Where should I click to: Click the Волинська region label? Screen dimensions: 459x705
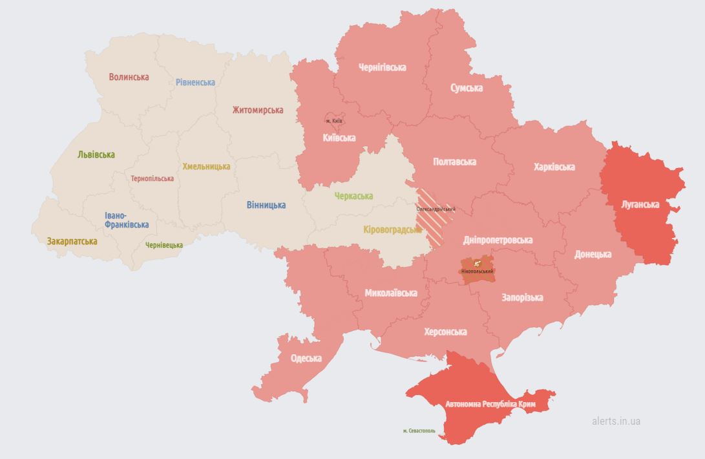(x=129, y=77)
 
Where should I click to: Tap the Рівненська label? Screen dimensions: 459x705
(x=195, y=82)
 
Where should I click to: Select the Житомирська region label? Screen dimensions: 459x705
(x=257, y=110)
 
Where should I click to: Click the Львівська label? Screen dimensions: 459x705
(x=96, y=155)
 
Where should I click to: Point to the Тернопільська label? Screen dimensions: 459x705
(x=152, y=178)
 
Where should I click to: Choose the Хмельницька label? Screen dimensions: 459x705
(x=206, y=166)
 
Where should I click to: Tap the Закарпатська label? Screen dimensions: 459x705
(x=72, y=241)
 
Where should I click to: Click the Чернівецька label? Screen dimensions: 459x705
(x=163, y=245)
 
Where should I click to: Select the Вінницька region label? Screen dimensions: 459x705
(x=266, y=205)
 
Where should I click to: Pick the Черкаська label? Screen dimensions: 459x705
(x=353, y=196)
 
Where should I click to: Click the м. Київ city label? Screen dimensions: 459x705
(x=334, y=121)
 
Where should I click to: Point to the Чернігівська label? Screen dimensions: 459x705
(x=383, y=67)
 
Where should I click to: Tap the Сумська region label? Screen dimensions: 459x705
(x=466, y=88)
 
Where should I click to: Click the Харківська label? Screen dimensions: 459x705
(x=554, y=167)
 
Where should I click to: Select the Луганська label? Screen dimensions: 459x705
(x=640, y=204)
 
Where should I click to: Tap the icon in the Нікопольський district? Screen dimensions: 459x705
(x=477, y=263)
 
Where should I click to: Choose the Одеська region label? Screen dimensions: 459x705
(x=306, y=358)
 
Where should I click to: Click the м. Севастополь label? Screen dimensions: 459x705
(x=419, y=431)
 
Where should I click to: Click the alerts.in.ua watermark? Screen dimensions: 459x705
(x=616, y=421)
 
